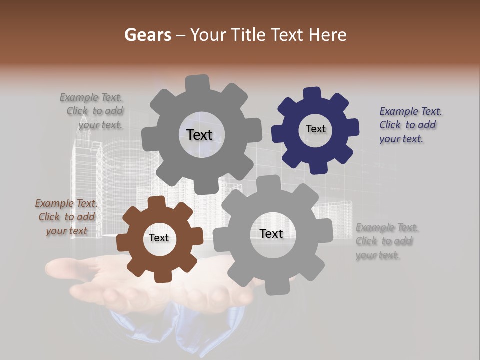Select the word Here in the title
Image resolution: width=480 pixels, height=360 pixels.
(328, 35)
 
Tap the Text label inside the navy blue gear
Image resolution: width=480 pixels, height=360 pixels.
(315, 129)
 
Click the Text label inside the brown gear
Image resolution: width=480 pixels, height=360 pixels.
(159, 238)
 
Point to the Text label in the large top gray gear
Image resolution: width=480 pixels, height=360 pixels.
(199, 135)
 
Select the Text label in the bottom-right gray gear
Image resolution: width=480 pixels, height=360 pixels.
(271, 233)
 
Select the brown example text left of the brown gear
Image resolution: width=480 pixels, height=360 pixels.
(66, 217)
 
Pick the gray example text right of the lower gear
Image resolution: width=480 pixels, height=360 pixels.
(386, 241)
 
